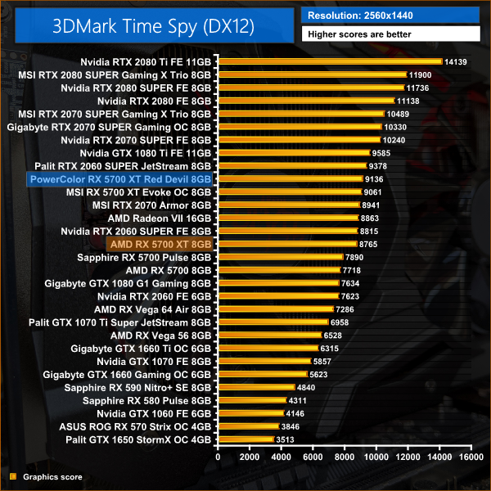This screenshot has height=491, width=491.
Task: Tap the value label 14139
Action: pyautogui.click(x=454, y=61)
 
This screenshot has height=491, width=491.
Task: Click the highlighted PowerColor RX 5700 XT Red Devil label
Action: pyautogui.click(x=120, y=178)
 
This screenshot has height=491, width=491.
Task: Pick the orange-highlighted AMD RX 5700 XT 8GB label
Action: pyautogui.click(x=160, y=244)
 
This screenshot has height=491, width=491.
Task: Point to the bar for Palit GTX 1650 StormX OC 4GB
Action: pyautogui.click(x=245, y=439)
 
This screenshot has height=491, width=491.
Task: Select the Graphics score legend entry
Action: pyautogui.click(x=50, y=475)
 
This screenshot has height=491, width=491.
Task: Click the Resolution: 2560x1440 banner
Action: pyautogui.click(x=390, y=15)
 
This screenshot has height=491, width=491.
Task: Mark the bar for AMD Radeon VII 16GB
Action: pyautogui.click(x=287, y=218)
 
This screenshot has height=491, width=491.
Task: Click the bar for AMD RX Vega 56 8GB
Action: pyautogui.click(x=269, y=335)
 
